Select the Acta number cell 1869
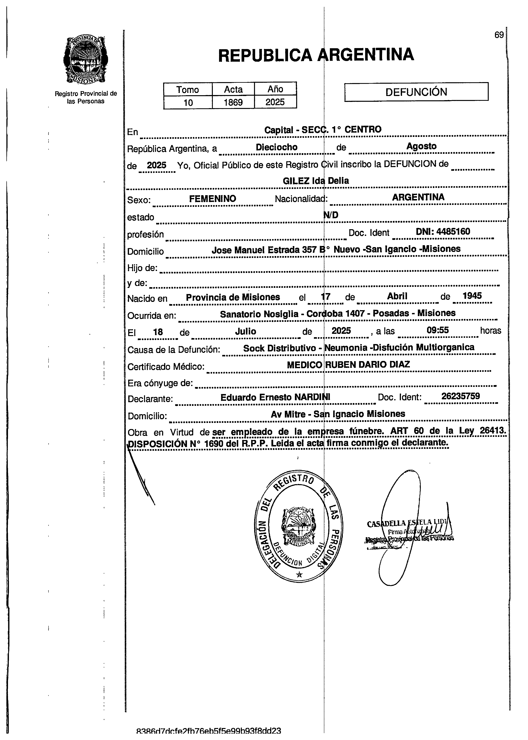coord(233,102)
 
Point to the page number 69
coord(499,35)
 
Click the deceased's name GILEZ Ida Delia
coord(316,181)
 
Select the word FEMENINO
coord(213,199)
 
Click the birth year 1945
coord(472,296)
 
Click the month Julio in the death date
coord(245,331)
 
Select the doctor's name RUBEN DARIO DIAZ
coord(367,365)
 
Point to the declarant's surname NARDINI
coord(312,397)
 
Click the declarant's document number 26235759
coord(460,396)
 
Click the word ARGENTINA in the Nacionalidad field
coord(418,197)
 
